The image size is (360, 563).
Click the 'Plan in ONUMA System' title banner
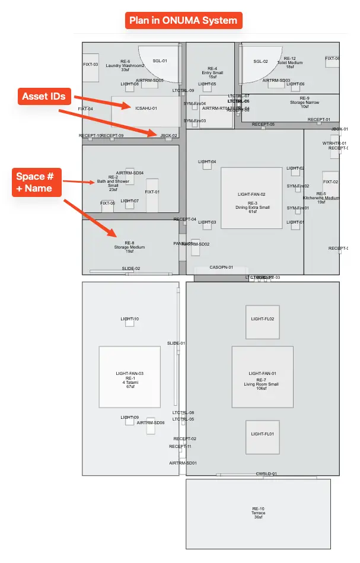point(184,20)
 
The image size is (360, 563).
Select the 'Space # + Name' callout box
point(34,182)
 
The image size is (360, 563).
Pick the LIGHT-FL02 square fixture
point(263,322)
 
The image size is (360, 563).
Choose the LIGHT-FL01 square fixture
point(263,437)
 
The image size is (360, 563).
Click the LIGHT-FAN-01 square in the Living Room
point(263,377)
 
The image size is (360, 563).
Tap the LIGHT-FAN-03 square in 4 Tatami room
point(130,377)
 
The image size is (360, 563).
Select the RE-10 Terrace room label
point(258,513)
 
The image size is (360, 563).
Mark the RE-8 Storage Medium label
point(129,247)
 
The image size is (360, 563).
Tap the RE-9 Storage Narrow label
point(304,102)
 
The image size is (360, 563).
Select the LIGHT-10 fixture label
point(130,320)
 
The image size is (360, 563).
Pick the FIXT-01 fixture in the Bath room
point(152,195)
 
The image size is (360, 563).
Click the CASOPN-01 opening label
point(221,268)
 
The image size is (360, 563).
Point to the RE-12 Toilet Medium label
point(290,62)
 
